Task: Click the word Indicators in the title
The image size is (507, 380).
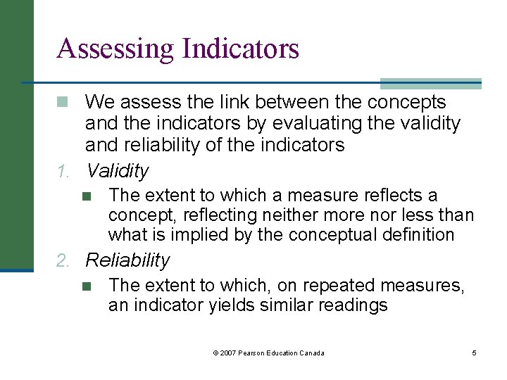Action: [240, 49]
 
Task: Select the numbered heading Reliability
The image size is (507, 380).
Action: [127, 260]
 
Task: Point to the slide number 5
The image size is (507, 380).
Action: [474, 353]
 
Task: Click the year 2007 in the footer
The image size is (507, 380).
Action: [228, 353]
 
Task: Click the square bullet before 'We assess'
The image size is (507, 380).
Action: [63, 103]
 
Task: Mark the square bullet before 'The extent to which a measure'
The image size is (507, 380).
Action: [86, 196]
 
